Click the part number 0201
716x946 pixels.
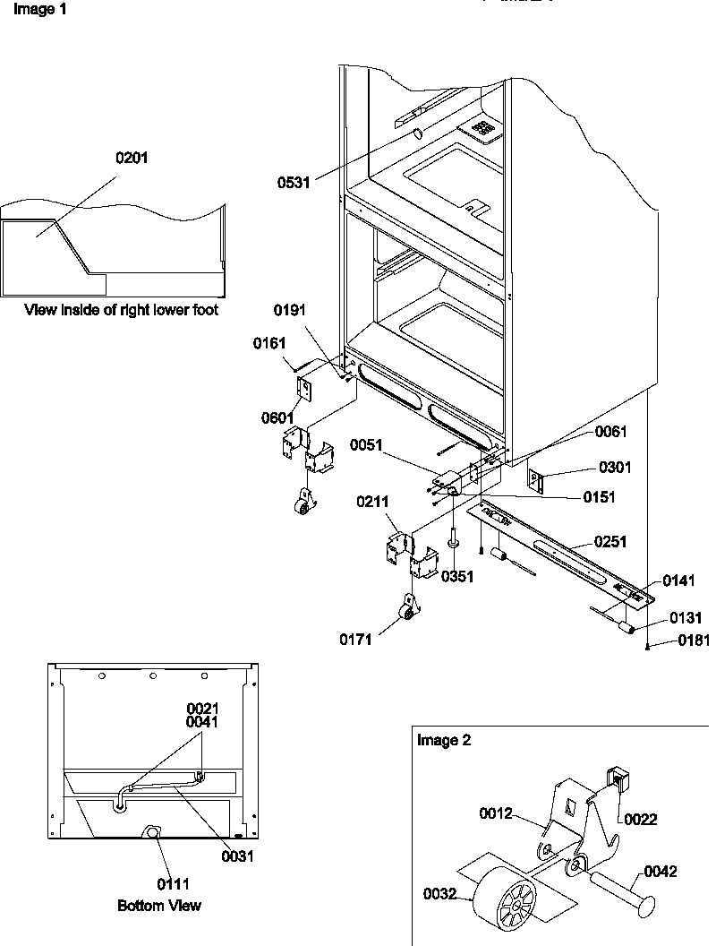point(132,158)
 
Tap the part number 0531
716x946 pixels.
point(294,183)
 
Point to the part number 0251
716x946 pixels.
point(609,542)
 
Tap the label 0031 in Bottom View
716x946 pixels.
point(237,856)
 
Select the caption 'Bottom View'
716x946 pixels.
point(159,906)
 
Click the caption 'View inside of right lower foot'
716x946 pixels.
point(121,311)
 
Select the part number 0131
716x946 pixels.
point(685,618)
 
